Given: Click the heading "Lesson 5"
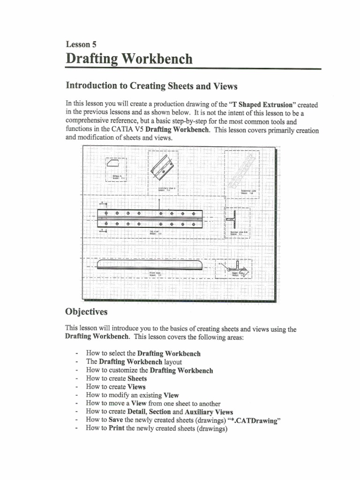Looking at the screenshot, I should [81, 45].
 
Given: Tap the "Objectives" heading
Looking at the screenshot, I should [86, 312].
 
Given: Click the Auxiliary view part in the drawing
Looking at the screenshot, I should [163, 168].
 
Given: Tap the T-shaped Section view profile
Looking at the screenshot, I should [233, 218].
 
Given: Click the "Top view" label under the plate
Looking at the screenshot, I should [154, 232].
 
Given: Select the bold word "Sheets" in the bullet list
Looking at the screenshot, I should [137, 378].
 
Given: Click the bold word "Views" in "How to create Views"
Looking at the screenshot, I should [136, 387].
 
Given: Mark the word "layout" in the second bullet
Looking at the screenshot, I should [172, 362].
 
